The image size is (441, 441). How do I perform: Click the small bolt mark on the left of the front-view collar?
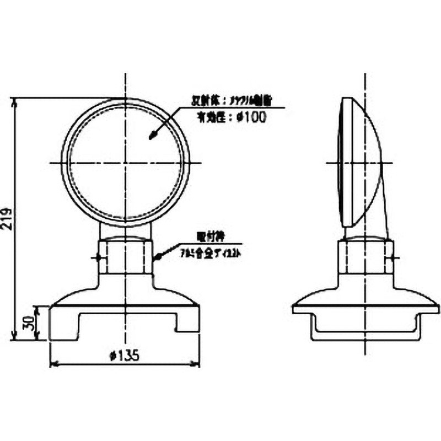point(97,257)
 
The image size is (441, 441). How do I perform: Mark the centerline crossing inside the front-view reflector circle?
point(126,163)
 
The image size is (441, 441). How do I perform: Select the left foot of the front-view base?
point(63,325)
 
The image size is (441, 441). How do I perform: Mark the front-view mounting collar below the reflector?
point(126,256)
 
